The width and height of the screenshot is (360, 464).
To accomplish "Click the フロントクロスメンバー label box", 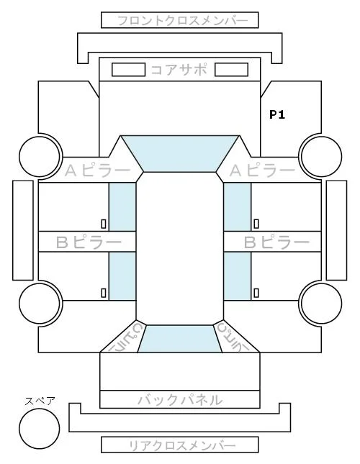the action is (180, 20).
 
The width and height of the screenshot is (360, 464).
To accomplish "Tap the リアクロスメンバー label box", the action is (180, 445).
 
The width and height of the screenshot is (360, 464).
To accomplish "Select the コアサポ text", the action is (179, 70).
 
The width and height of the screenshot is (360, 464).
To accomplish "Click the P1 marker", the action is (277, 114).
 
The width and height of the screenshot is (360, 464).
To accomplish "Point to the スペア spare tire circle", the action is (40, 429).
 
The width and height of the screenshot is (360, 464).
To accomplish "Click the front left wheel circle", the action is (40, 156).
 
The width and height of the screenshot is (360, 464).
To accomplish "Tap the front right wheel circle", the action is (322, 156).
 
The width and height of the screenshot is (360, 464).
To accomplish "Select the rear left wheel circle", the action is (40, 304).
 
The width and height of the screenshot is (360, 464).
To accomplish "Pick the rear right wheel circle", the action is (322, 304).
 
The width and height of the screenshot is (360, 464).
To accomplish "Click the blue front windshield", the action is (180, 153).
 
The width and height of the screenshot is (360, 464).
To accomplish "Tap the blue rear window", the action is (180, 339).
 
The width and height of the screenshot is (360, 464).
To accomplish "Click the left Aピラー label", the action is (97, 170).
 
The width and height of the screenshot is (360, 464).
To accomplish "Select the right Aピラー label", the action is (262, 170).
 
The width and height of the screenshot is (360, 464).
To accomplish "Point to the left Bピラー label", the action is (89, 242).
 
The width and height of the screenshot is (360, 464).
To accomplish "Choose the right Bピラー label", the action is (276, 242).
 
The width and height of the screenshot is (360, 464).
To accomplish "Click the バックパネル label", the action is (180, 400).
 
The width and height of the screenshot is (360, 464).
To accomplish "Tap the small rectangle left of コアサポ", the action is (128, 70).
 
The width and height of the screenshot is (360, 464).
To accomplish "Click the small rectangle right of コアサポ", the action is (231, 70).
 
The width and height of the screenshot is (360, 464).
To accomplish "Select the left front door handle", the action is (104, 224).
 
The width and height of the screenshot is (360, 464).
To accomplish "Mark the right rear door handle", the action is (256, 293).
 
